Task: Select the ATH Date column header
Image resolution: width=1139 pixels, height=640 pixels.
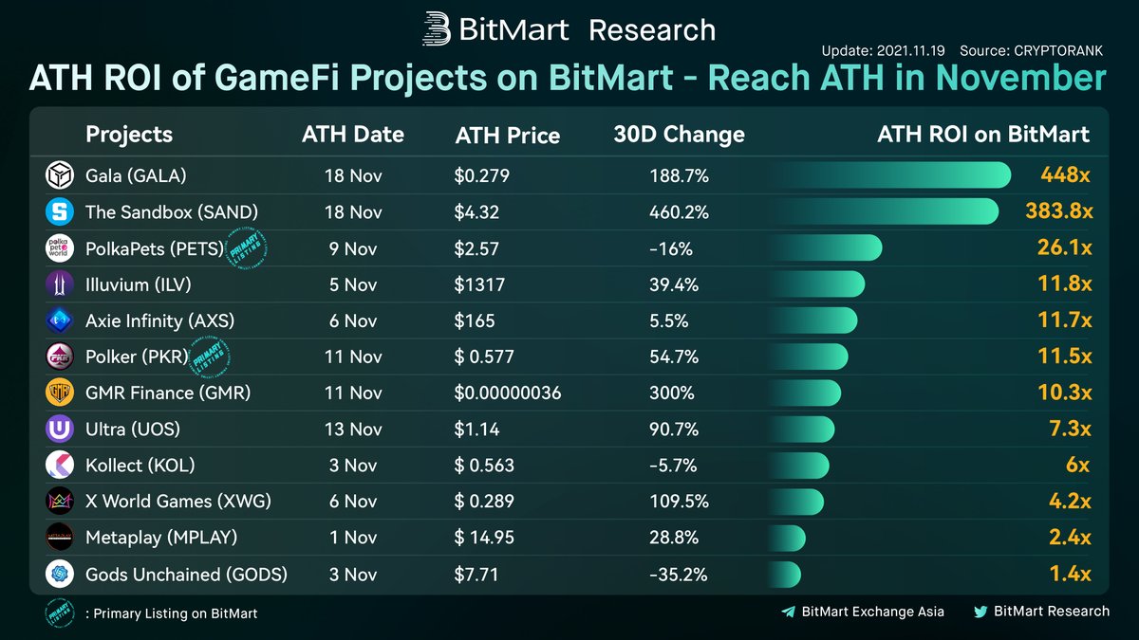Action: pos(353,135)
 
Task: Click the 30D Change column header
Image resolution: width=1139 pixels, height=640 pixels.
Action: pos(679,135)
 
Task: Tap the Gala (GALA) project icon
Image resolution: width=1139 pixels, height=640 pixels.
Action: pos(59,175)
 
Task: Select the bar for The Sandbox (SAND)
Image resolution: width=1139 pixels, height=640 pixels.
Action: pos(883,211)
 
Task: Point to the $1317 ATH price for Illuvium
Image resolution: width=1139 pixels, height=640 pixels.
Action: pos(479,284)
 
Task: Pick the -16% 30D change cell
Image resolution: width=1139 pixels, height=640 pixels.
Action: pos(671,248)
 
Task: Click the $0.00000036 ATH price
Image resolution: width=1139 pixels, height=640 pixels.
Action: pos(508,393)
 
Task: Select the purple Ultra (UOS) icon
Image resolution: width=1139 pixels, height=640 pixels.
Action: pos(59,430)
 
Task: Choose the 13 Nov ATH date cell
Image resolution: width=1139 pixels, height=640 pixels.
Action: pos(353,430)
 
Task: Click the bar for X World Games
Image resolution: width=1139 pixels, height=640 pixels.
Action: pos(795,502)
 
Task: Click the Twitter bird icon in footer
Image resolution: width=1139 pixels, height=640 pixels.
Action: pos(980,613)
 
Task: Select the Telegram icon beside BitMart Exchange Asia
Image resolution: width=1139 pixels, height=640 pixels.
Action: pos(788,613)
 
